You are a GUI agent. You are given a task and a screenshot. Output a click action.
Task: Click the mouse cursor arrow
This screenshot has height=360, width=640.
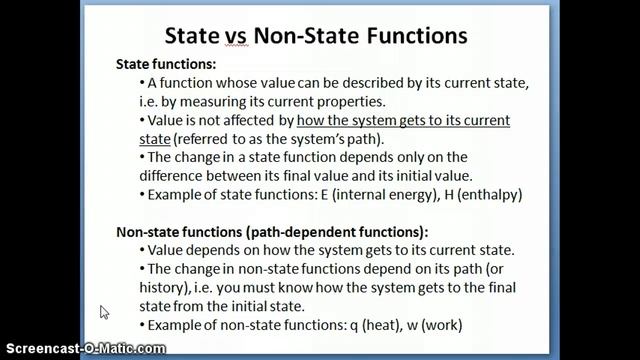click(x=104, y=312)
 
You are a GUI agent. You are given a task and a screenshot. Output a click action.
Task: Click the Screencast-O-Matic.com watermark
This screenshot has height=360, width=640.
click(x=82, y=348)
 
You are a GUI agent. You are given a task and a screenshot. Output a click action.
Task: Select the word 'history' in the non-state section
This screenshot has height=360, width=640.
click(x=175, y=289)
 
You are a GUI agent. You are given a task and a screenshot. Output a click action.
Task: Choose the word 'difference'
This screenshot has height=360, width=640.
click(x=185, y=175)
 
